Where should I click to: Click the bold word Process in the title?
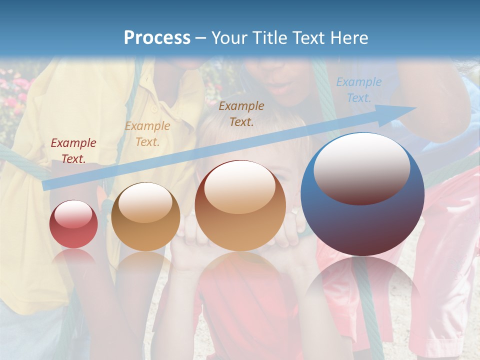(157, 38)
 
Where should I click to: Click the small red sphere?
(73, 224)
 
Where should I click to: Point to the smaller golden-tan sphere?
(145, 217)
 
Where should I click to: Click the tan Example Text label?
(147, 134)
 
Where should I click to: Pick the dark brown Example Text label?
(241, 113)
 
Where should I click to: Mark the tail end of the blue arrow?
(47, 185)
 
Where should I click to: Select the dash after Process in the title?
(201, 38)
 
